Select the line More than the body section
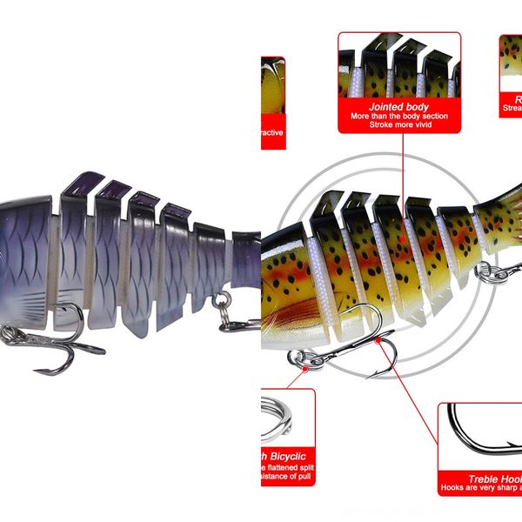[399, 116]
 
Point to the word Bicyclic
[288, 457]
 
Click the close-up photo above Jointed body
[399, 65]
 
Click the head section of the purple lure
[26, 252]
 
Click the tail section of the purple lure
[246, 261]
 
